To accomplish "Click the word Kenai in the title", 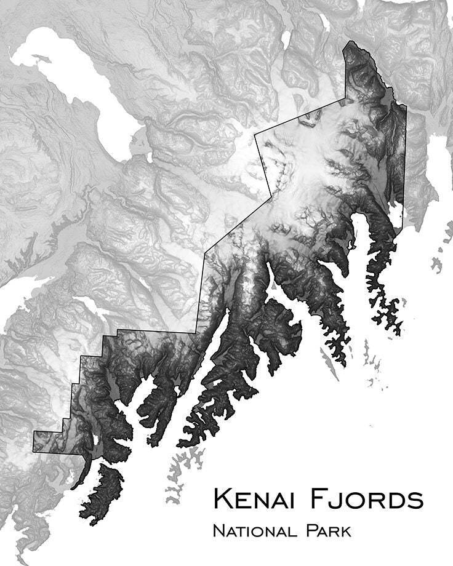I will [x=253, y=499].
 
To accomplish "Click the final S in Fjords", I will [x=415, y=500].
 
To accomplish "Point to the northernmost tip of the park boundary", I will [x=350, y=41].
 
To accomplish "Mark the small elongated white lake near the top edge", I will [x=286, y=39].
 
